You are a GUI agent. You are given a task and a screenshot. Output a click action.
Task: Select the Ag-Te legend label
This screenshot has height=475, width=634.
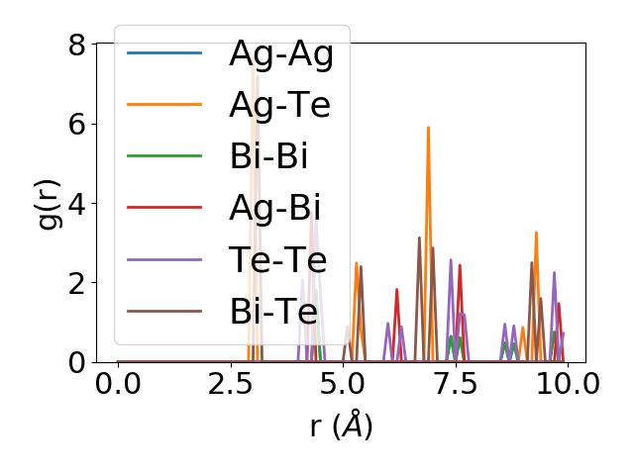279,104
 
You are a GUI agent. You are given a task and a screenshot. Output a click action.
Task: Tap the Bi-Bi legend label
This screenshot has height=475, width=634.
267,156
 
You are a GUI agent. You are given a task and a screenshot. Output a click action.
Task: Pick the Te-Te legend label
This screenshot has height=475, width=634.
273,260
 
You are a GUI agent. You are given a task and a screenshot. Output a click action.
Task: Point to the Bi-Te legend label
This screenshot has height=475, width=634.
273,312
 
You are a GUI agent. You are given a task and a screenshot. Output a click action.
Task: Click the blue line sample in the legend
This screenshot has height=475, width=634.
164,52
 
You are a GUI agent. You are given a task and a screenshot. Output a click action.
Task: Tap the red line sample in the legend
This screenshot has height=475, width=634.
164,208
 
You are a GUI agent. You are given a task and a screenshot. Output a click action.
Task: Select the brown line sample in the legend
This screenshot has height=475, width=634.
164,312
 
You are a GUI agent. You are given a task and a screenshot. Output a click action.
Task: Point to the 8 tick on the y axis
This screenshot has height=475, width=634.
76,45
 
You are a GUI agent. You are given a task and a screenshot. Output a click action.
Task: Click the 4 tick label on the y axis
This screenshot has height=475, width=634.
76,204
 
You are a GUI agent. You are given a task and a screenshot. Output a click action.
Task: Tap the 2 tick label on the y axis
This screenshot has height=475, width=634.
76,283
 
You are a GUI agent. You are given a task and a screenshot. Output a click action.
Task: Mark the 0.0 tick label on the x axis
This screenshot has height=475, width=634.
118,384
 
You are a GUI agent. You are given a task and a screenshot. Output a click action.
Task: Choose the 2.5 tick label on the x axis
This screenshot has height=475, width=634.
230,384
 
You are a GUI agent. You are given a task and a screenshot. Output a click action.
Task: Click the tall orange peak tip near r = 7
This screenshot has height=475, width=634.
428,128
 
